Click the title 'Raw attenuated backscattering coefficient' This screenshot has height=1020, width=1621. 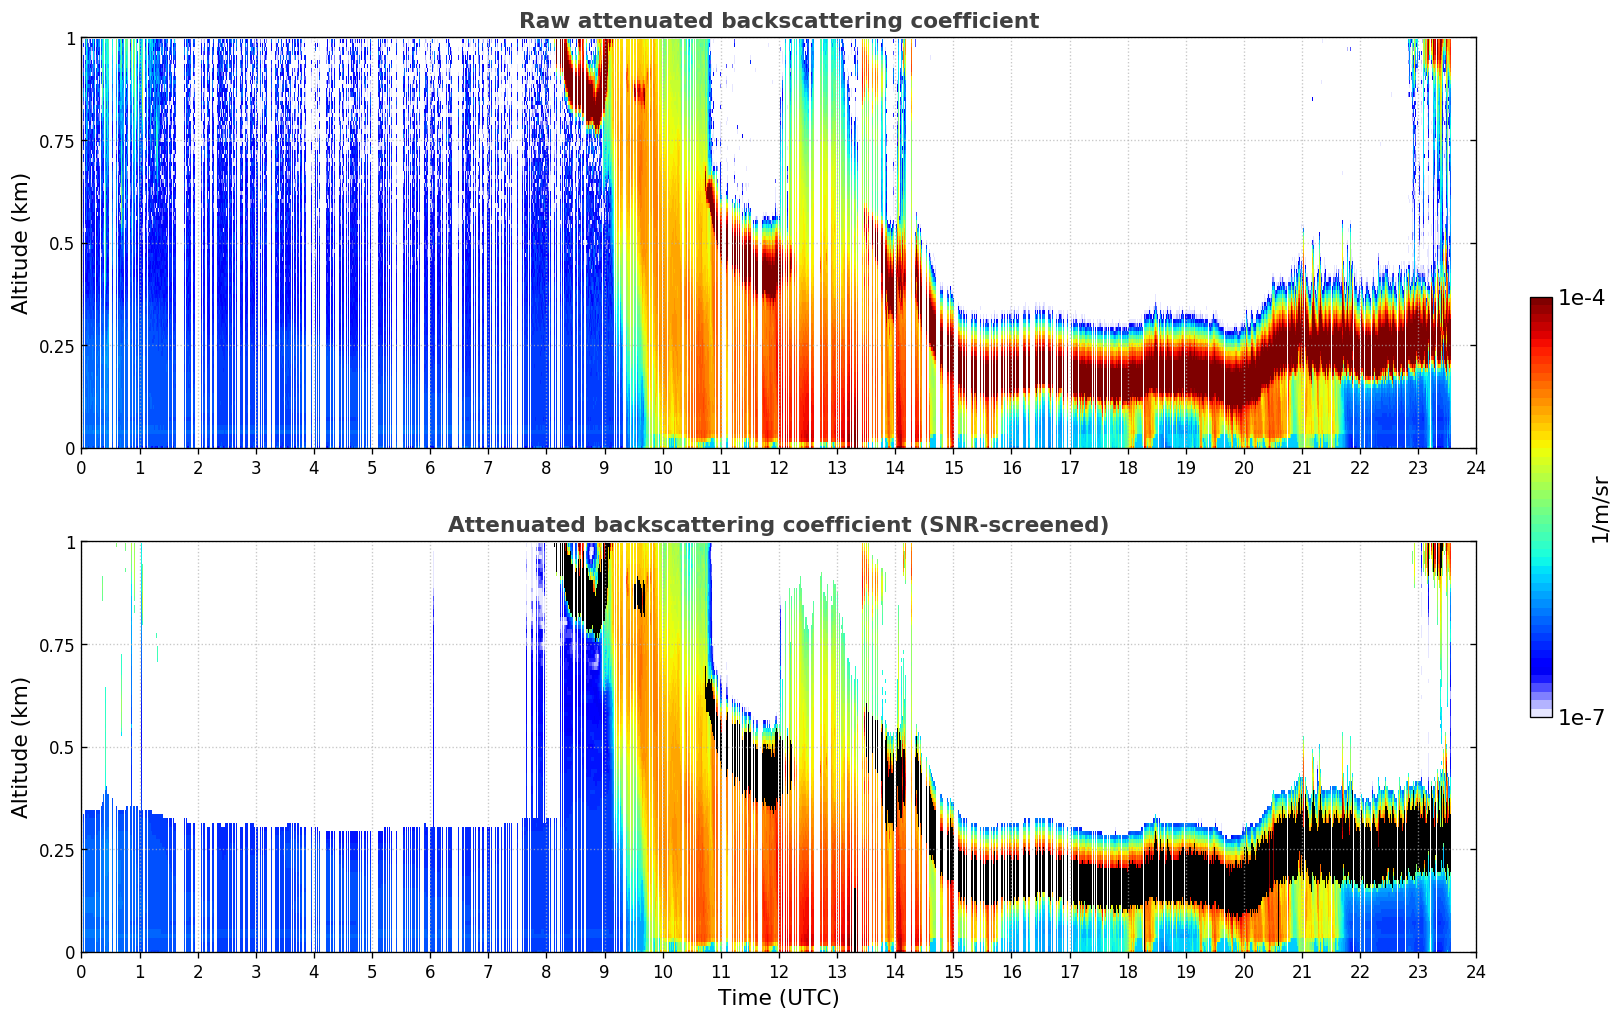click(778, 21)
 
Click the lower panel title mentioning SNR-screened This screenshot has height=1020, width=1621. click(778, 525)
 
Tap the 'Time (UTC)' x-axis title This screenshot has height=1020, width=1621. click(778, 998)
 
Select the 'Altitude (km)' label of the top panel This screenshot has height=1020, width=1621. click(21, 243)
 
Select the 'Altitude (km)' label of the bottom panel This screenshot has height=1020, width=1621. click(21, 747)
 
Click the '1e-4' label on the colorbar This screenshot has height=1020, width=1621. click(1581, 298)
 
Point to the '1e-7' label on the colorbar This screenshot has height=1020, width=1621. click(1581, 717)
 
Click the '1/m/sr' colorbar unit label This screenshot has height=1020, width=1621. click(1600, 510)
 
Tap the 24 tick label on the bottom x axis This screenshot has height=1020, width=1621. click(1475, 971)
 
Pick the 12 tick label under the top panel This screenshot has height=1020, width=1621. click(778, 467)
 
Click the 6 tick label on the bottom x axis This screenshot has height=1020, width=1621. click(430, 971)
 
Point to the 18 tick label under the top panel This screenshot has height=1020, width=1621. click(1127, 467)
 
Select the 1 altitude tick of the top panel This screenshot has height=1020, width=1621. click(70, 38)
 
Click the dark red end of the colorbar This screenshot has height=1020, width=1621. click(1540, 304)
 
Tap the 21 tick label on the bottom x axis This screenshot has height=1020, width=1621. click(1301, 971)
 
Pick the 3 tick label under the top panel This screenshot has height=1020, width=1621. click(256, 467)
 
